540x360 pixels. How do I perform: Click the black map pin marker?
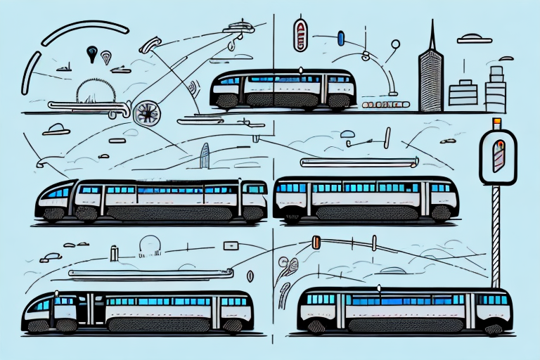pyautogui.click(x=91, y=52)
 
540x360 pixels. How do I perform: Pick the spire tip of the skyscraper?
pyautogui.click(x=432, y=22)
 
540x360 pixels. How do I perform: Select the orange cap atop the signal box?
pyautogui.click(x=496, y=124)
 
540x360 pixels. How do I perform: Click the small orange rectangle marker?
pyautogui.click(x=316, y=243)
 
